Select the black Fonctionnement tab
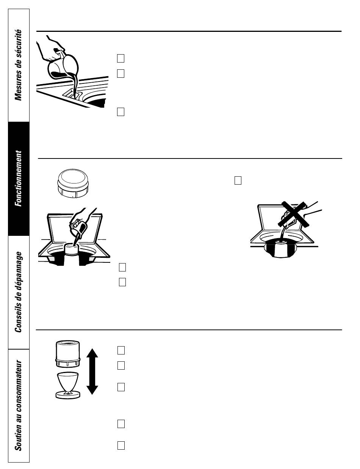point(19,179)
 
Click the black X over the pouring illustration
point(294,214)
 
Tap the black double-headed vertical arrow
point(92,371)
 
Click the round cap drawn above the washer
point(73,184)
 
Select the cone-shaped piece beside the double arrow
point(68,386)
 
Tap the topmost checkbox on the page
point(121,58)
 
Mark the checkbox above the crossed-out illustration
point(238,180)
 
